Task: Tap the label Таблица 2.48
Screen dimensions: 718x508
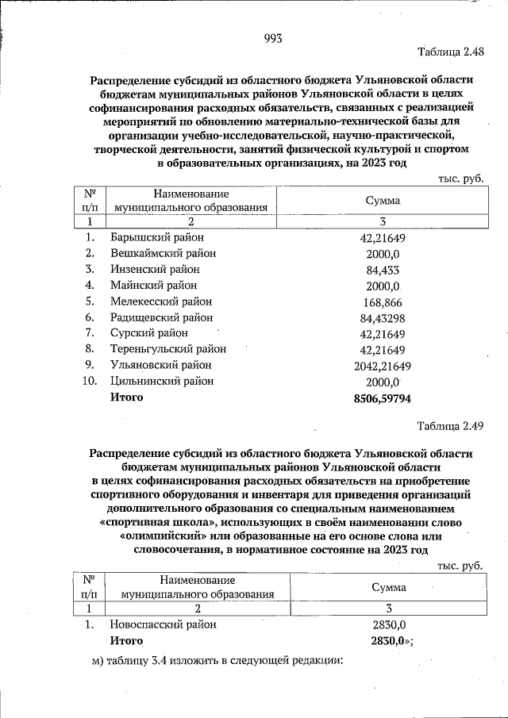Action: (450, 52)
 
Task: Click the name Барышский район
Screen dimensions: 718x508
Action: (157, 237)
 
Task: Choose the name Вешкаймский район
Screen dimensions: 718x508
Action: (163, 253)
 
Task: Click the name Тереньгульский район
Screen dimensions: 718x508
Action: (168, 349)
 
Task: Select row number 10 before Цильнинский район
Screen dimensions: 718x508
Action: (90, 381)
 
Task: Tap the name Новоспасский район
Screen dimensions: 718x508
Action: (164, 624)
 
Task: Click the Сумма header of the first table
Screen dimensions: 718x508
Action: (383, 202)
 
